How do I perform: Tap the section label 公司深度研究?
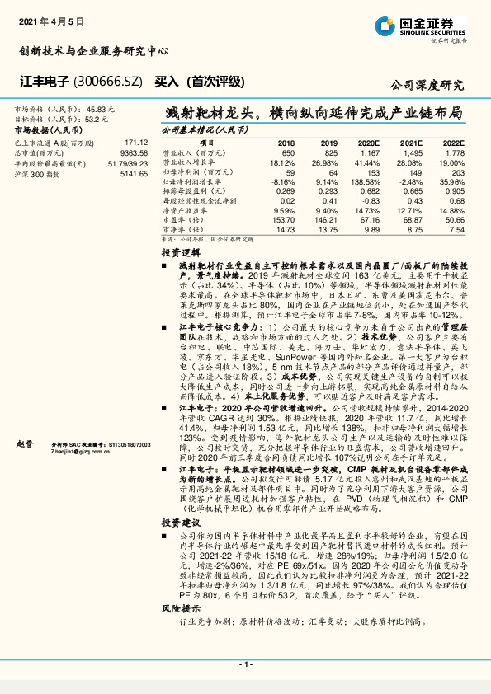[426, 85]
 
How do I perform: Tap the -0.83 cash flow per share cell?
[367, 200]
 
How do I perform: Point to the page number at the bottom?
[245, 664]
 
